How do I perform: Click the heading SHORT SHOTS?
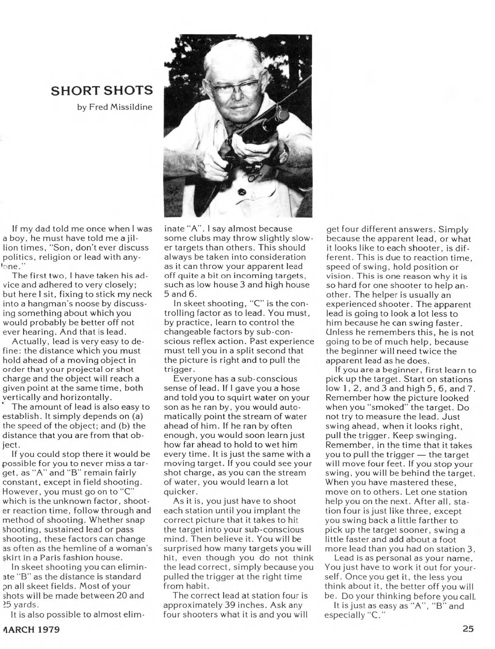101,90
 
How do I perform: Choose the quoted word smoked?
365,407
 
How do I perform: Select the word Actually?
29,341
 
